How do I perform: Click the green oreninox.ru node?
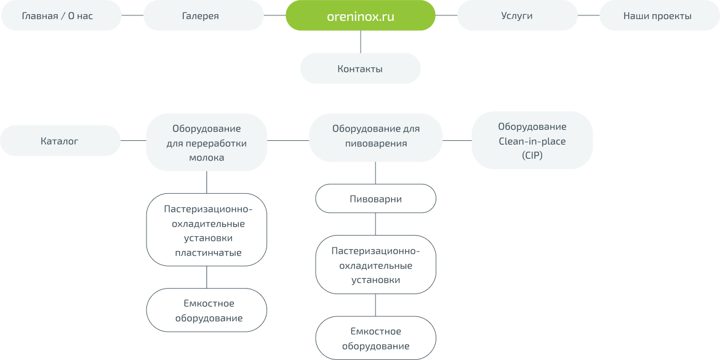click(x=360, y=16)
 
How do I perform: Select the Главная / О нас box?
click(x=57, y=16)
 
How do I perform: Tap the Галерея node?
click(x=201, y=16)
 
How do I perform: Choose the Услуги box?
click(x=516, y=16)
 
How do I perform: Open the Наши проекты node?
click(x=657, y=16)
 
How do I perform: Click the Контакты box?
click(x=360, y=69)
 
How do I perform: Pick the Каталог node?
click(x=60, y=141)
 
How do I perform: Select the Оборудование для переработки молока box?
click(x=206, y=142)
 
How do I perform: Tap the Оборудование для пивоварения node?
click(x=375, y=137)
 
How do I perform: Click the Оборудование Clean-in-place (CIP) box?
click(x=532, y=141)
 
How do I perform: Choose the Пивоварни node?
click(x=375, y=199)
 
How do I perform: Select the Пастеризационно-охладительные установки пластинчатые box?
click(x=207, y=230)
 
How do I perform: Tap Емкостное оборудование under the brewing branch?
click(x=375, y=338)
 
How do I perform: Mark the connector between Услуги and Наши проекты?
click(x=588, y=16)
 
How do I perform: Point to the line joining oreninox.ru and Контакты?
click(x=360, y=42)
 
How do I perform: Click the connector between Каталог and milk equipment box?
click(x=133, y=141)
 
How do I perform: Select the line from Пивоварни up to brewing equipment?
click(x=375, y=174)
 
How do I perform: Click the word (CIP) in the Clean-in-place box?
click(x=532, y=156)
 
